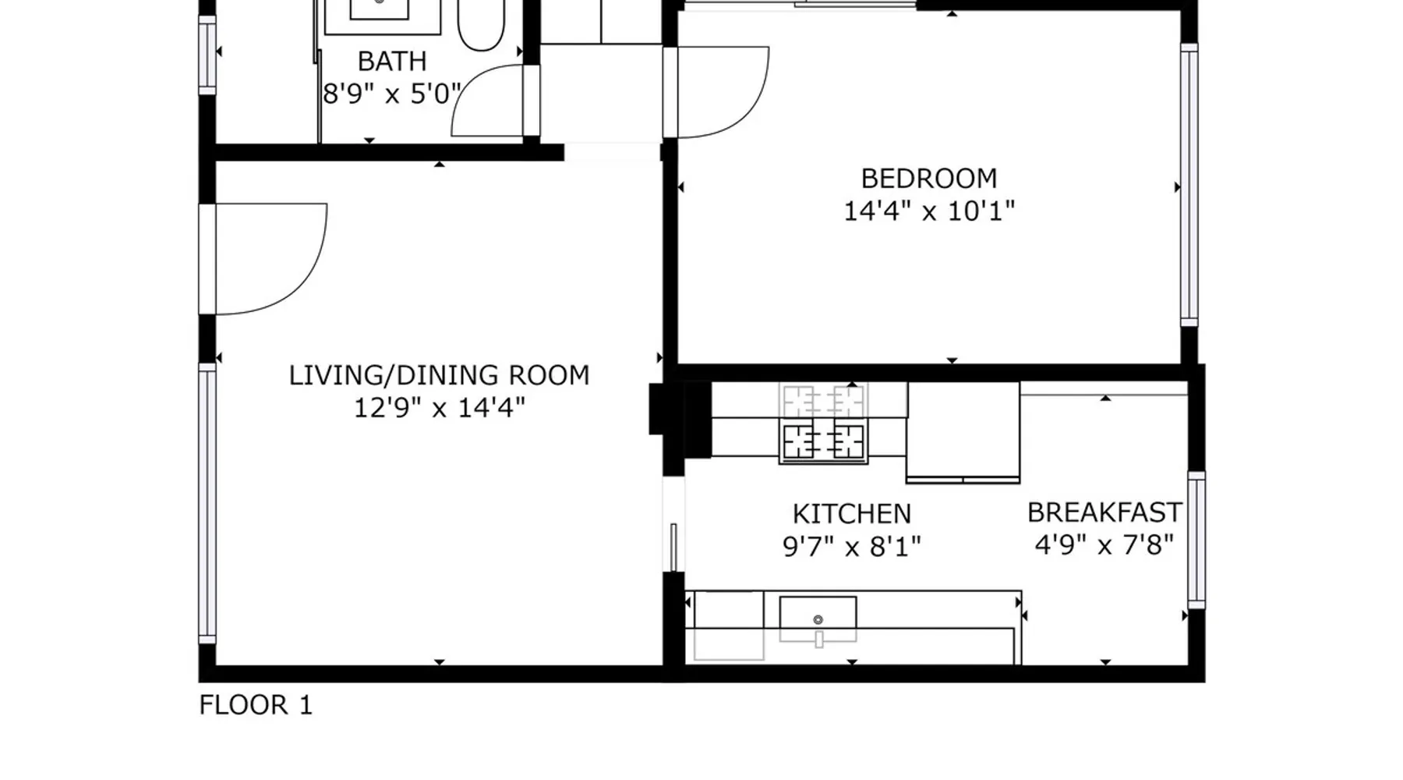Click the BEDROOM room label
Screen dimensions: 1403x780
[929, 179]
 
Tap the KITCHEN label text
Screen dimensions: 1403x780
[852, 514]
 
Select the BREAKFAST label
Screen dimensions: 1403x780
[1104, 512]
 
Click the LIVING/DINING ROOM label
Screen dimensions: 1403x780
[440, 375]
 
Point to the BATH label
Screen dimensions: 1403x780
[392, 61]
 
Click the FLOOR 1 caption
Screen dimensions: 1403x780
[256, 705]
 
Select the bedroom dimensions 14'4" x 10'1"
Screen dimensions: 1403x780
[929, 211]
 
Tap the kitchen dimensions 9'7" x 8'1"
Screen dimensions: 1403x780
[852, 546]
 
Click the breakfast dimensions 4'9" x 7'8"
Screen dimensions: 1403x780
[1104, 544]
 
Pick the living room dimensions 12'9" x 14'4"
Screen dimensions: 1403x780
[440, 407]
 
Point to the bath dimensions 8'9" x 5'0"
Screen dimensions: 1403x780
[392, 94]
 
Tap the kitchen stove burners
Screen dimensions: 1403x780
[823, 441]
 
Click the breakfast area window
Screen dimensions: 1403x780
[1196, 540]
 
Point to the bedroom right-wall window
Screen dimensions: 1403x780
[1189, 184]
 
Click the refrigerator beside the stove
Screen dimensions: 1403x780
[963, 432]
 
